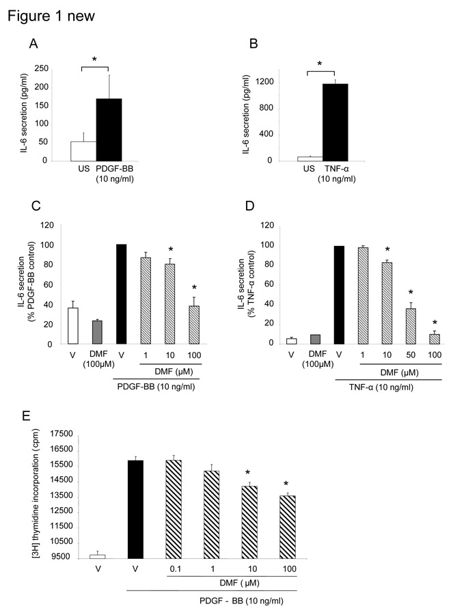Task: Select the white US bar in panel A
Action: pos(83,151)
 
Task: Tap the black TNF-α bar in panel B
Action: pos(336,122)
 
